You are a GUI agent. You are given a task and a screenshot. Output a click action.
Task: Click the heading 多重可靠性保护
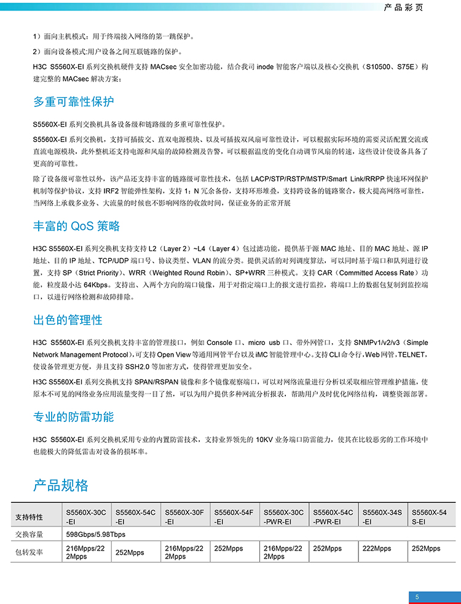(73, 101)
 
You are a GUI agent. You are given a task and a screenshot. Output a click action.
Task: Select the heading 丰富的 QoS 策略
(76, 226)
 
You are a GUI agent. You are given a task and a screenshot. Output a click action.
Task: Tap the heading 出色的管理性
(68, 320)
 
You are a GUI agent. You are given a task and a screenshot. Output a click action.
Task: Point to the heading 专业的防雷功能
(73, 417)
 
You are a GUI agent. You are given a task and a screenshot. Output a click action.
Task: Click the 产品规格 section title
(61, 485)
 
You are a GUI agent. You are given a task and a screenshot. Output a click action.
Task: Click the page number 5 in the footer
(417, 597)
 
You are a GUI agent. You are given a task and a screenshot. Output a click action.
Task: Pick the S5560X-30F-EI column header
(184, 517)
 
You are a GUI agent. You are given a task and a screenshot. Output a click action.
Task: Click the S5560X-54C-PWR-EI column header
(333, 517)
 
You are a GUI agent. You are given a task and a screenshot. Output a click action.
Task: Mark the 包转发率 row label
(29, 552)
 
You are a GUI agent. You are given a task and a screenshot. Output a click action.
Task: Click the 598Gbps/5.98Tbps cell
(95, 534)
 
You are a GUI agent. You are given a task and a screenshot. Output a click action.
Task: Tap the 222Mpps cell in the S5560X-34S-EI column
(377, 549)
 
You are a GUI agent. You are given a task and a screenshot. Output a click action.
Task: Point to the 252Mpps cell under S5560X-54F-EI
(228, 549)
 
